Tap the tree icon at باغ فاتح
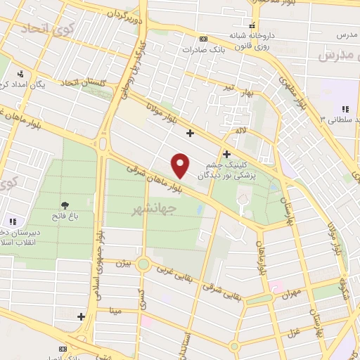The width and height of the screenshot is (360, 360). (66, 205)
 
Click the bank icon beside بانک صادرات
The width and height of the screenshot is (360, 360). (204, 39)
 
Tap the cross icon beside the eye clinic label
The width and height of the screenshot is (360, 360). (226, 153)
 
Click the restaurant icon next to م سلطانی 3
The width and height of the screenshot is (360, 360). (345, 108)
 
